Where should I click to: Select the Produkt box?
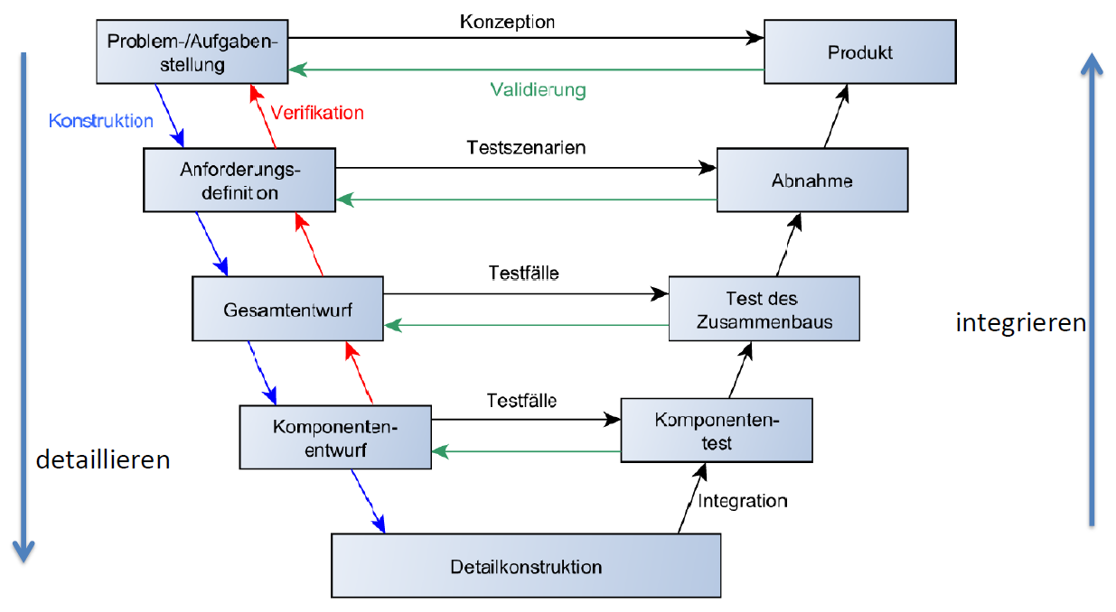(x=859, y=52)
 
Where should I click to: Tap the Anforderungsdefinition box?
(x=239, y=181)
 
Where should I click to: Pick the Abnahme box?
(x=811, y=181)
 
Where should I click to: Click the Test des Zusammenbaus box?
(x=764, y=309)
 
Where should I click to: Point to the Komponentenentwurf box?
(x=335, y=437)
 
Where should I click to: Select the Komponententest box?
(x=717, y=431)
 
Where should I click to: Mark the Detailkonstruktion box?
(x=526, y=567)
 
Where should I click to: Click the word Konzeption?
(x=507, y=22)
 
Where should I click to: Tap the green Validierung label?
(x=538, y=90)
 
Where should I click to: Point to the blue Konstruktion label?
(x=100, y=120)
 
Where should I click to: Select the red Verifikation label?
(x=317, y=113)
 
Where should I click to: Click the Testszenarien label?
(x=526, y=147)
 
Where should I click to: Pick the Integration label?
(x=742, y=501)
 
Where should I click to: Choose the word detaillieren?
(x=103, y=459)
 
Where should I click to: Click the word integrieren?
(x=1020, y=322)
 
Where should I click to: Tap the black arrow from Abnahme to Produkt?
(x=836, y=116)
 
